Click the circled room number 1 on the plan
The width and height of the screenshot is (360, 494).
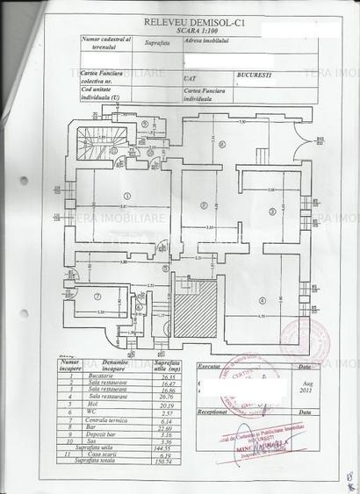pyautogui.click(x=126, y=196)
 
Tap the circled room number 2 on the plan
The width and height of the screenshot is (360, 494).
pyautogui.click(x=203, y=205)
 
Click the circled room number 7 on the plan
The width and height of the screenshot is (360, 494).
pyautogui.click(x=98, y=295)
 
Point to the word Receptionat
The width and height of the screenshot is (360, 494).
pyautogui.click(x=211, y=410)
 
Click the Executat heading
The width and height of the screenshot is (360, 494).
pyautogui.click(x=209, y=362)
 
